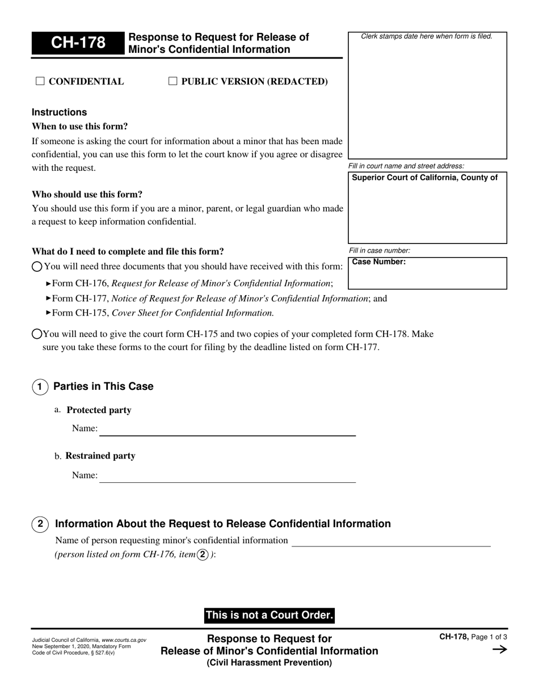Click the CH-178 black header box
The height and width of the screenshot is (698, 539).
[x=77, y=44]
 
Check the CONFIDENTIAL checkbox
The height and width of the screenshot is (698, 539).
[x=40, y=81]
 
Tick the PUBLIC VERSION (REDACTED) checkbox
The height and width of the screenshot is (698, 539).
[x=173, y=81]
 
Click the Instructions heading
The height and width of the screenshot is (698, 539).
[x=60, y=112]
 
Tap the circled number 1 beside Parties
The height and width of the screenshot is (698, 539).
[x=40, y=387]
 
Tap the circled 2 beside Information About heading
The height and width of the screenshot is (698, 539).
[x=40, y=524]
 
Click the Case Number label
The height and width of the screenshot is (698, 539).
[x=379, y=262]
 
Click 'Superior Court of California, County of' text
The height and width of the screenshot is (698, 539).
[x=425, y=178]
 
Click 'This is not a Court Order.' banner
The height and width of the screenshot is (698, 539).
[x=269, y=615]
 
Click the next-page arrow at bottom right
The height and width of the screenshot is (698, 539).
[x=499, y=650]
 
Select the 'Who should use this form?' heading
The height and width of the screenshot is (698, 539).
[x=87, y=195]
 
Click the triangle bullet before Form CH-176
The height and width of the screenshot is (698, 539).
[x=48, y=283]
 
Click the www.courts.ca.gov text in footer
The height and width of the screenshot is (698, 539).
[x=124, y=640]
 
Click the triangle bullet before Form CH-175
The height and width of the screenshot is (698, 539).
[x=48, y=312]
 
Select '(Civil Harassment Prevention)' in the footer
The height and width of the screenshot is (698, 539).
[x=269, y=663]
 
